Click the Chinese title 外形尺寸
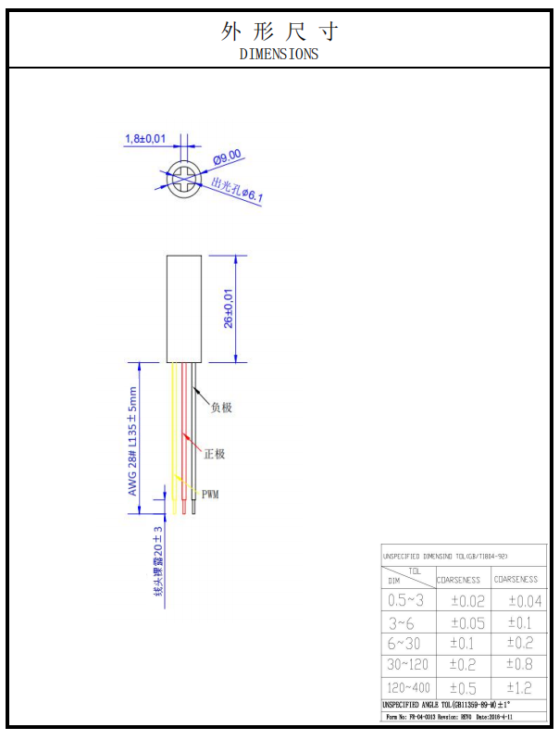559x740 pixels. [x=279, y=31]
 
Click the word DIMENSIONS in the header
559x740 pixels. [x=279, y=54]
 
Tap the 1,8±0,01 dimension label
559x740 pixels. [x=145, y=139]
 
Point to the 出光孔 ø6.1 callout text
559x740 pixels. [x=238, y=190]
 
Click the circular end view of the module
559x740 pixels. [x=183, y=179]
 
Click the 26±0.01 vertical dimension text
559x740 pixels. [x=229, y=307]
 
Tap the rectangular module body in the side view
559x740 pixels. [x=183, y=307]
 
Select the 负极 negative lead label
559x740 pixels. [x=221, y=407]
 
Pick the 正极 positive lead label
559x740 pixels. [x=214, y=454]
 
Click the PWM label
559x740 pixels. [x=210, y=495]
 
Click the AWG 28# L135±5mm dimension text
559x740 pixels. [x=132, y=440]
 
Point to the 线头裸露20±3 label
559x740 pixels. [x=158, y=559]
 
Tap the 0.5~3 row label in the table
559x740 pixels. [x=406, y=600]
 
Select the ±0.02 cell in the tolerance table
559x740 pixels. [x=466, y=601]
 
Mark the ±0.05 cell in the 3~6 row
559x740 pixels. [x=466, y=622]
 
